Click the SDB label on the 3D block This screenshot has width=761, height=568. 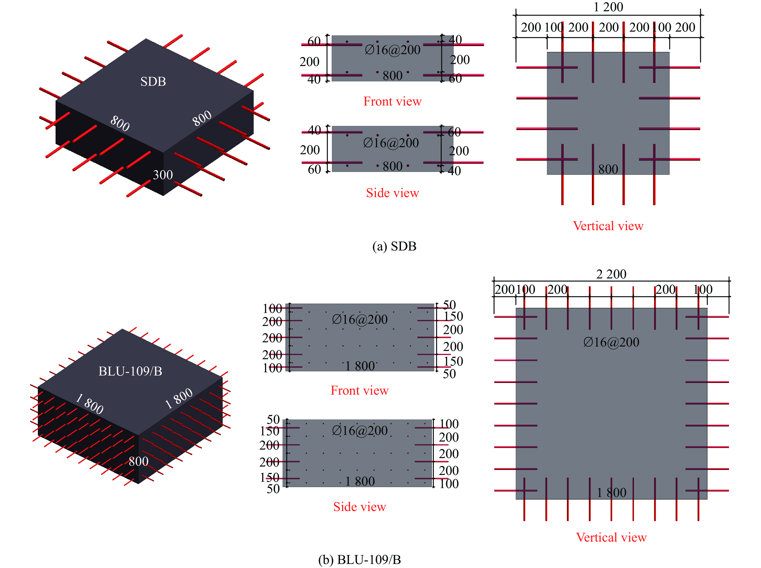pos(153,82)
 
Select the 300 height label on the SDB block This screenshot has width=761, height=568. pos(163,175)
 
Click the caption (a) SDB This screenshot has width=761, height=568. pos(394,246)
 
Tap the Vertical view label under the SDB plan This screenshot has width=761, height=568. pos(608,226)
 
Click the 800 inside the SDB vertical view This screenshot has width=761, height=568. pos(608,169)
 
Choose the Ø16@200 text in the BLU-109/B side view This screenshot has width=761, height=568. pos(360,430)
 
